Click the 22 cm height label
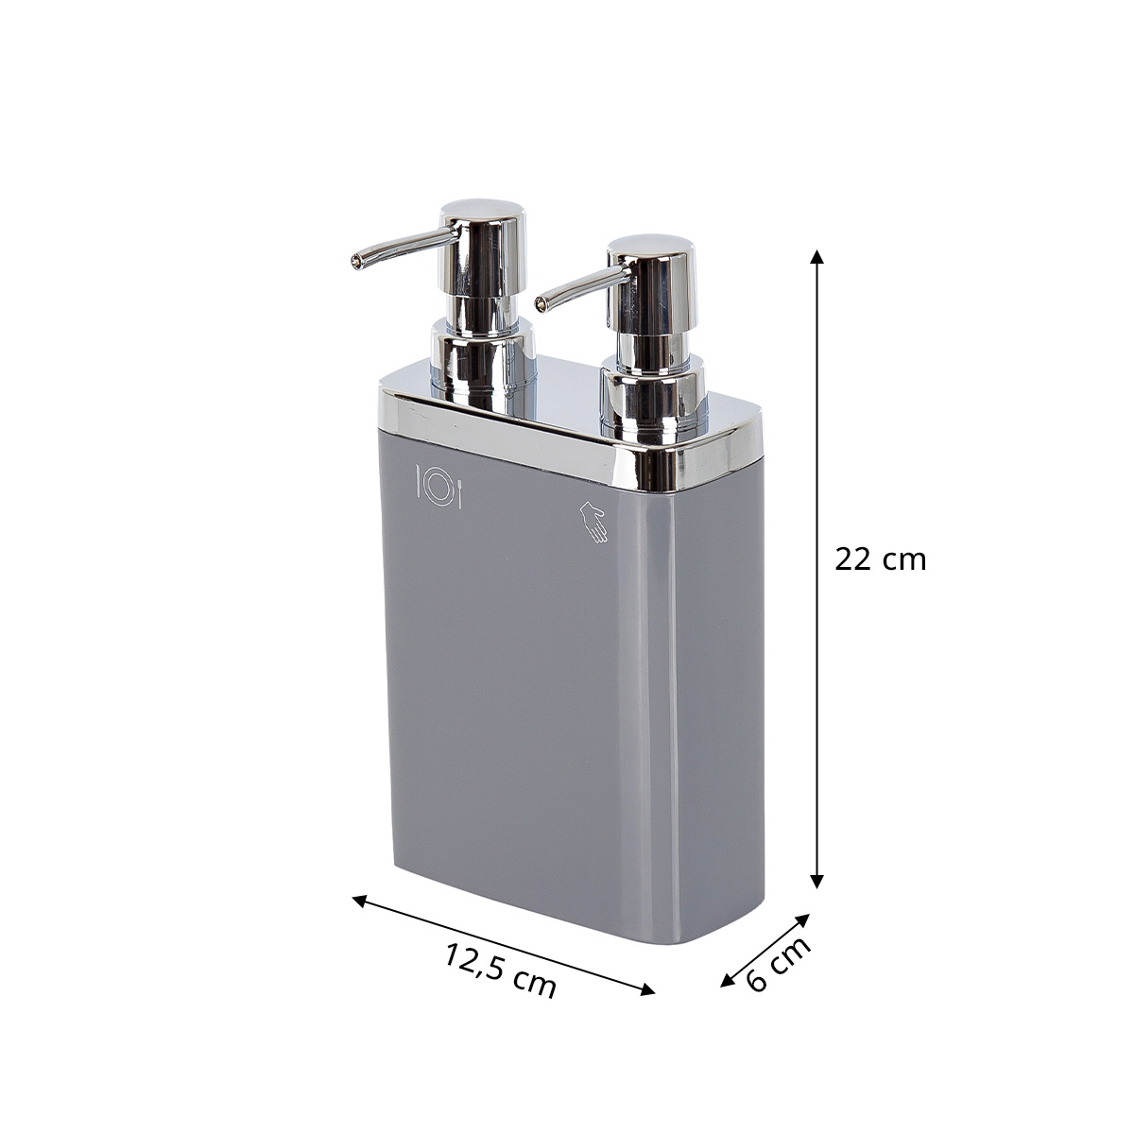point(880,559)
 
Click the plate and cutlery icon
point(439,486)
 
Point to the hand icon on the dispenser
point(593,521)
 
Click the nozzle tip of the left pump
point(355,262)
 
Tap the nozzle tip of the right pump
point(540,303)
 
